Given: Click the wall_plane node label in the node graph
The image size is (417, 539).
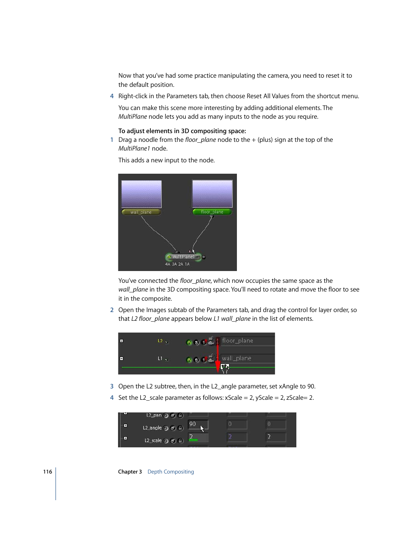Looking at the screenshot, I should (141, 212).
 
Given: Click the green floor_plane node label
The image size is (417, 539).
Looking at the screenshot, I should (212, 212).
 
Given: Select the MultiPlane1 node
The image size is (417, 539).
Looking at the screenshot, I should (183, 257).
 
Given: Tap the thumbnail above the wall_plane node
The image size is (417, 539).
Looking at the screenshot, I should (141, 194).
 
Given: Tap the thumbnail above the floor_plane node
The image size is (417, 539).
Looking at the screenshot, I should (212, 194).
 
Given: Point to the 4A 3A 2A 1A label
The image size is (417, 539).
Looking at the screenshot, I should (177, 264).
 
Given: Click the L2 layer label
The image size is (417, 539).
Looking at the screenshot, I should (160, 341).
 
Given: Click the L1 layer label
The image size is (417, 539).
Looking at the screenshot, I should (160, 358).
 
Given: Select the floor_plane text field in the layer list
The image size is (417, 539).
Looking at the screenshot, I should (247, 341).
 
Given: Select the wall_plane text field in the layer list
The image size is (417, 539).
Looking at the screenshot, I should (247, 358).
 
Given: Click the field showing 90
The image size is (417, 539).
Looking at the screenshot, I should (198, 424).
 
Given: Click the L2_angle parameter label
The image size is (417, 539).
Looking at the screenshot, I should (152, 428).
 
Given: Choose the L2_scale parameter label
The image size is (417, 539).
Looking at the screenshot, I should (153, 441).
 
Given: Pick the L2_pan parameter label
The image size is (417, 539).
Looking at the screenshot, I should (154, 415).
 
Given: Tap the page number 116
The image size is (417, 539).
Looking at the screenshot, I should (48, 472).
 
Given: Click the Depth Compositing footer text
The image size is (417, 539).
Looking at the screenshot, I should (170, 472).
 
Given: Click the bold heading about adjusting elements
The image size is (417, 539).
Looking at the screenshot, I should (182, 131).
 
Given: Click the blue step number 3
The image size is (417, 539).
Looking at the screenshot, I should (112, 386).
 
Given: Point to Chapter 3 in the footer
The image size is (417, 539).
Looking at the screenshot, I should (130, 472).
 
